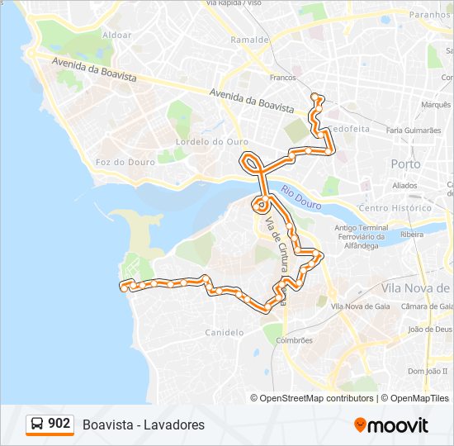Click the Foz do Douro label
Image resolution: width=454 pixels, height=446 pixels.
tap(125, 162)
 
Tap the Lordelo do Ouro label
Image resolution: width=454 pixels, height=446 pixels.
tap(212, 141)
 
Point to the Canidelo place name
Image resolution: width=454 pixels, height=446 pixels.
tap(224, 333)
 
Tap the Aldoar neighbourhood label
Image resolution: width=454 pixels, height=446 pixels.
tap(116, 36)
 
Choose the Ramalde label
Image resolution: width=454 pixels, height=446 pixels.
tap(250, 39)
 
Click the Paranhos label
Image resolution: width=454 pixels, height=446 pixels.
tap(432, 14)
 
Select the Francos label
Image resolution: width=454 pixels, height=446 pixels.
tap(282, 78)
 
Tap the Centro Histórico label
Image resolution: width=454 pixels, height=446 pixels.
tap(396, 208)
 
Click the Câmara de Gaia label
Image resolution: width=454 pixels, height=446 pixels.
tap(423, 307)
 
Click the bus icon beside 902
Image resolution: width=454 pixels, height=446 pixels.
tap(37, 425)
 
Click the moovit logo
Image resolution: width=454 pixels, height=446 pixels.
tap(391, 425)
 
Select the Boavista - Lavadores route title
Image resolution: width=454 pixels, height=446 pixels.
tap(144, 425)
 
